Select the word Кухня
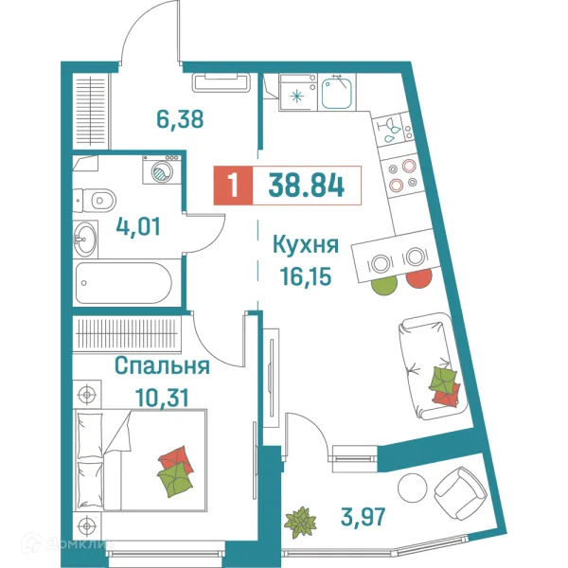tap(305, 246)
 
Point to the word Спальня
tap(162, 364)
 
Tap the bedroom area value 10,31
tap(150, 396)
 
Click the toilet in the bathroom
tap(95, 200)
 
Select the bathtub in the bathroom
tap(124, 281)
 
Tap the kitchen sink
tap(337, 93)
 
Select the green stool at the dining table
tap(384, 282)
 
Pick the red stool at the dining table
tap(417, 279)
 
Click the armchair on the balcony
tap(458, 489)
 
